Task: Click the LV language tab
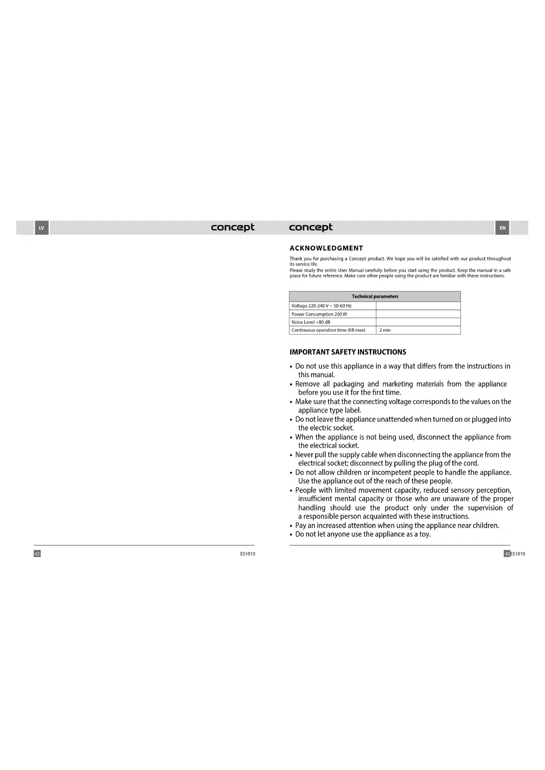[42, 228]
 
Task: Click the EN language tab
[502, 228]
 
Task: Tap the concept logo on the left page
[232, 227]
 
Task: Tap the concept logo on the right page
[310, 227]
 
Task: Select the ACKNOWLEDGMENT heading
[326, 248]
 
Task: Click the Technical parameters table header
[375, 296]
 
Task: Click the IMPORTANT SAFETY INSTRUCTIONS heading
[348, 352]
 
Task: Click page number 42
[37, 554]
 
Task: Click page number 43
[507, 554]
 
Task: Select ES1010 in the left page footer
[248, 554]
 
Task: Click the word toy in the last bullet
[424, 534]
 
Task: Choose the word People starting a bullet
[306, 490]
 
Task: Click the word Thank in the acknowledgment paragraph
[296, 259]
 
